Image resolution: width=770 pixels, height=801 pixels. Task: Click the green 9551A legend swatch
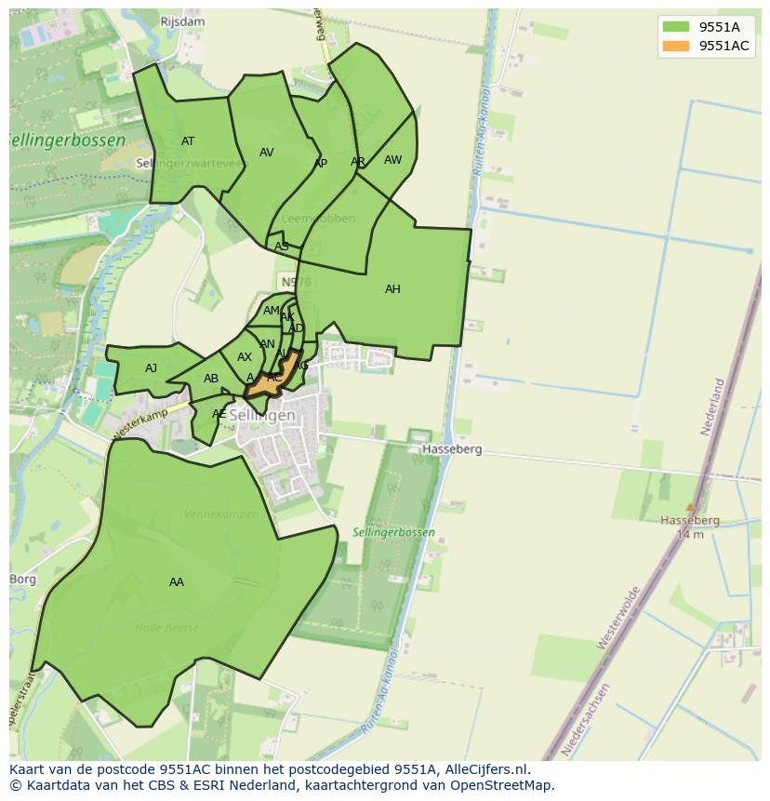[x=676, y=26]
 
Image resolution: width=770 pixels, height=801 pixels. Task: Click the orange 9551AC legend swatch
[x=676, y=46]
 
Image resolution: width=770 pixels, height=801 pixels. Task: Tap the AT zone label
[x=188, y=141]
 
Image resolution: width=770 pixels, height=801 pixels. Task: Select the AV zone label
[x=267, y=153]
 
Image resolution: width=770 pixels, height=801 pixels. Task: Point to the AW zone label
[x=393, y=160]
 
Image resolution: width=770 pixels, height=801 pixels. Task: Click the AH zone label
[x=392, y=289]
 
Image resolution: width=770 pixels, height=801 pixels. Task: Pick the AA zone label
[x=177, y=582]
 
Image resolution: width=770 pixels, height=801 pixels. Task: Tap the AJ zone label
[x=151, y=368]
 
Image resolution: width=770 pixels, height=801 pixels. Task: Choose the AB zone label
[x=211, y=379]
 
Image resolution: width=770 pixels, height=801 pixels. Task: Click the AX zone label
[x=245, y=357]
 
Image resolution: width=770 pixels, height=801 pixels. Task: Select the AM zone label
[x=271, y=311]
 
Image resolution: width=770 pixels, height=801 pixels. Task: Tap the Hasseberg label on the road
[x=452, y=449]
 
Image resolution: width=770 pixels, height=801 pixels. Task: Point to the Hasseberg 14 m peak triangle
[x=689, y=507]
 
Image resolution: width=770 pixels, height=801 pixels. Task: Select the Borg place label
[x=22, y=580]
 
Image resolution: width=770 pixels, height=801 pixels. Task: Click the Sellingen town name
[x=262, y=416]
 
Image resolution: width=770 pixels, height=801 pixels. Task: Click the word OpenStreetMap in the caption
[x=506, y=785]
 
